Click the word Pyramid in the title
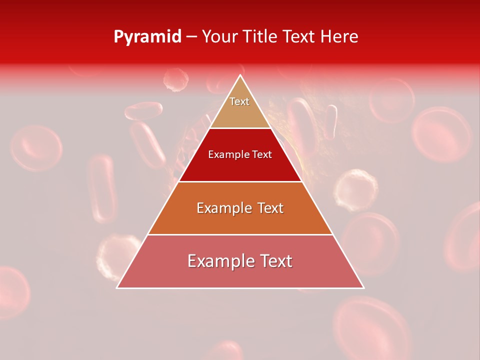point(147,37)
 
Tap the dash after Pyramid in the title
point(191,37)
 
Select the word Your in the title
point(219,37)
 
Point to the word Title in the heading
point(260,37)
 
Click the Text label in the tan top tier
point(239,101)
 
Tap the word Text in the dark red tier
point(262,154)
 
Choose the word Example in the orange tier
point(223,208)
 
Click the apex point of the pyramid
point(240,75)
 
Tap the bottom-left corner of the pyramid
point(117,288)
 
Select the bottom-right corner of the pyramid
point(363,288)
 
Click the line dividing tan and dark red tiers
point(240,128)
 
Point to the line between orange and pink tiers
point(240,235)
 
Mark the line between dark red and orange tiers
point(240,181)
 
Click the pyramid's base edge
point(240,288)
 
